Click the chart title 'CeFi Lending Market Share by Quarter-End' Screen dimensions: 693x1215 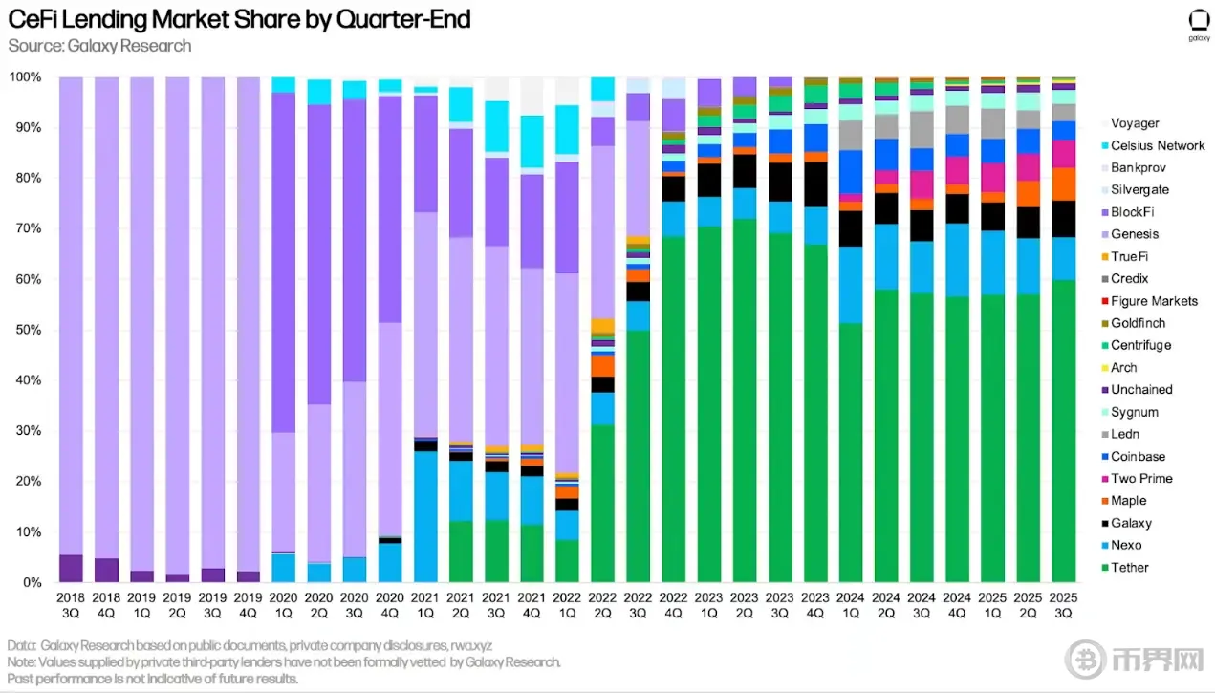click(239, 19)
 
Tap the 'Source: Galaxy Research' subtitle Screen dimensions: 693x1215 click(99, 46)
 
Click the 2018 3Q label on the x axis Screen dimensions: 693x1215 click(72, 604)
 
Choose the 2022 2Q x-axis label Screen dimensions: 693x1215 click(602, 604)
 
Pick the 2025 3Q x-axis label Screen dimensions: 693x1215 click(1063, 604)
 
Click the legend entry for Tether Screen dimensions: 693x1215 click(1129, 568)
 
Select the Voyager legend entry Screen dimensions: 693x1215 click(1134, 123)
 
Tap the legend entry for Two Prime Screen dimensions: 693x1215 click(1140, 479)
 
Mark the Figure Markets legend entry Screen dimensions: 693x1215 click(1153, 301)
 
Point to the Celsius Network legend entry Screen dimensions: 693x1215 click(1157, 145)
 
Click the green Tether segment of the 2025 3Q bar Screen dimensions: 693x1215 click(1063, 430)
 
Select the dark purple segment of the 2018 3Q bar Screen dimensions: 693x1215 click(72, 568)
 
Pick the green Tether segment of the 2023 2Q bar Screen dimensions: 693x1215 click(745, 401)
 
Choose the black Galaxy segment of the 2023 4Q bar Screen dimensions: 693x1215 click(815, 184)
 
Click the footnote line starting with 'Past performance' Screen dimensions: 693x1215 click(153, 679)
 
